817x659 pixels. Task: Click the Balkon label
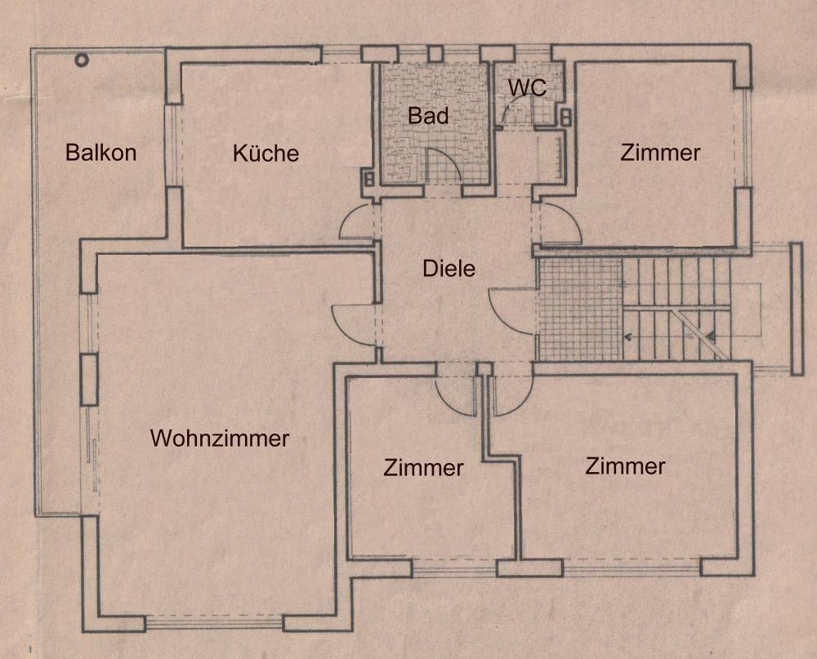point(101,152)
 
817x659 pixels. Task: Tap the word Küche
point(266,153)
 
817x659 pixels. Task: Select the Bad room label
point(428,116)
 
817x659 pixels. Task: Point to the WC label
point(527,87)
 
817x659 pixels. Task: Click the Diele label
point(449,267)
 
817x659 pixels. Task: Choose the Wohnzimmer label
point(220,439)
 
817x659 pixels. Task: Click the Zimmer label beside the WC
point(660,153)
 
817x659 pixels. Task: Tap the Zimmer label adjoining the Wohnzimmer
point(423,468)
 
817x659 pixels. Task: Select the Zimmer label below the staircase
point(625,466)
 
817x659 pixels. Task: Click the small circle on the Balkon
point(82,59)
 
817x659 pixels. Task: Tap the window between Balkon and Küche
point(173,145)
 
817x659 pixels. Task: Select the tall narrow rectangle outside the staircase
point(797,309)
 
